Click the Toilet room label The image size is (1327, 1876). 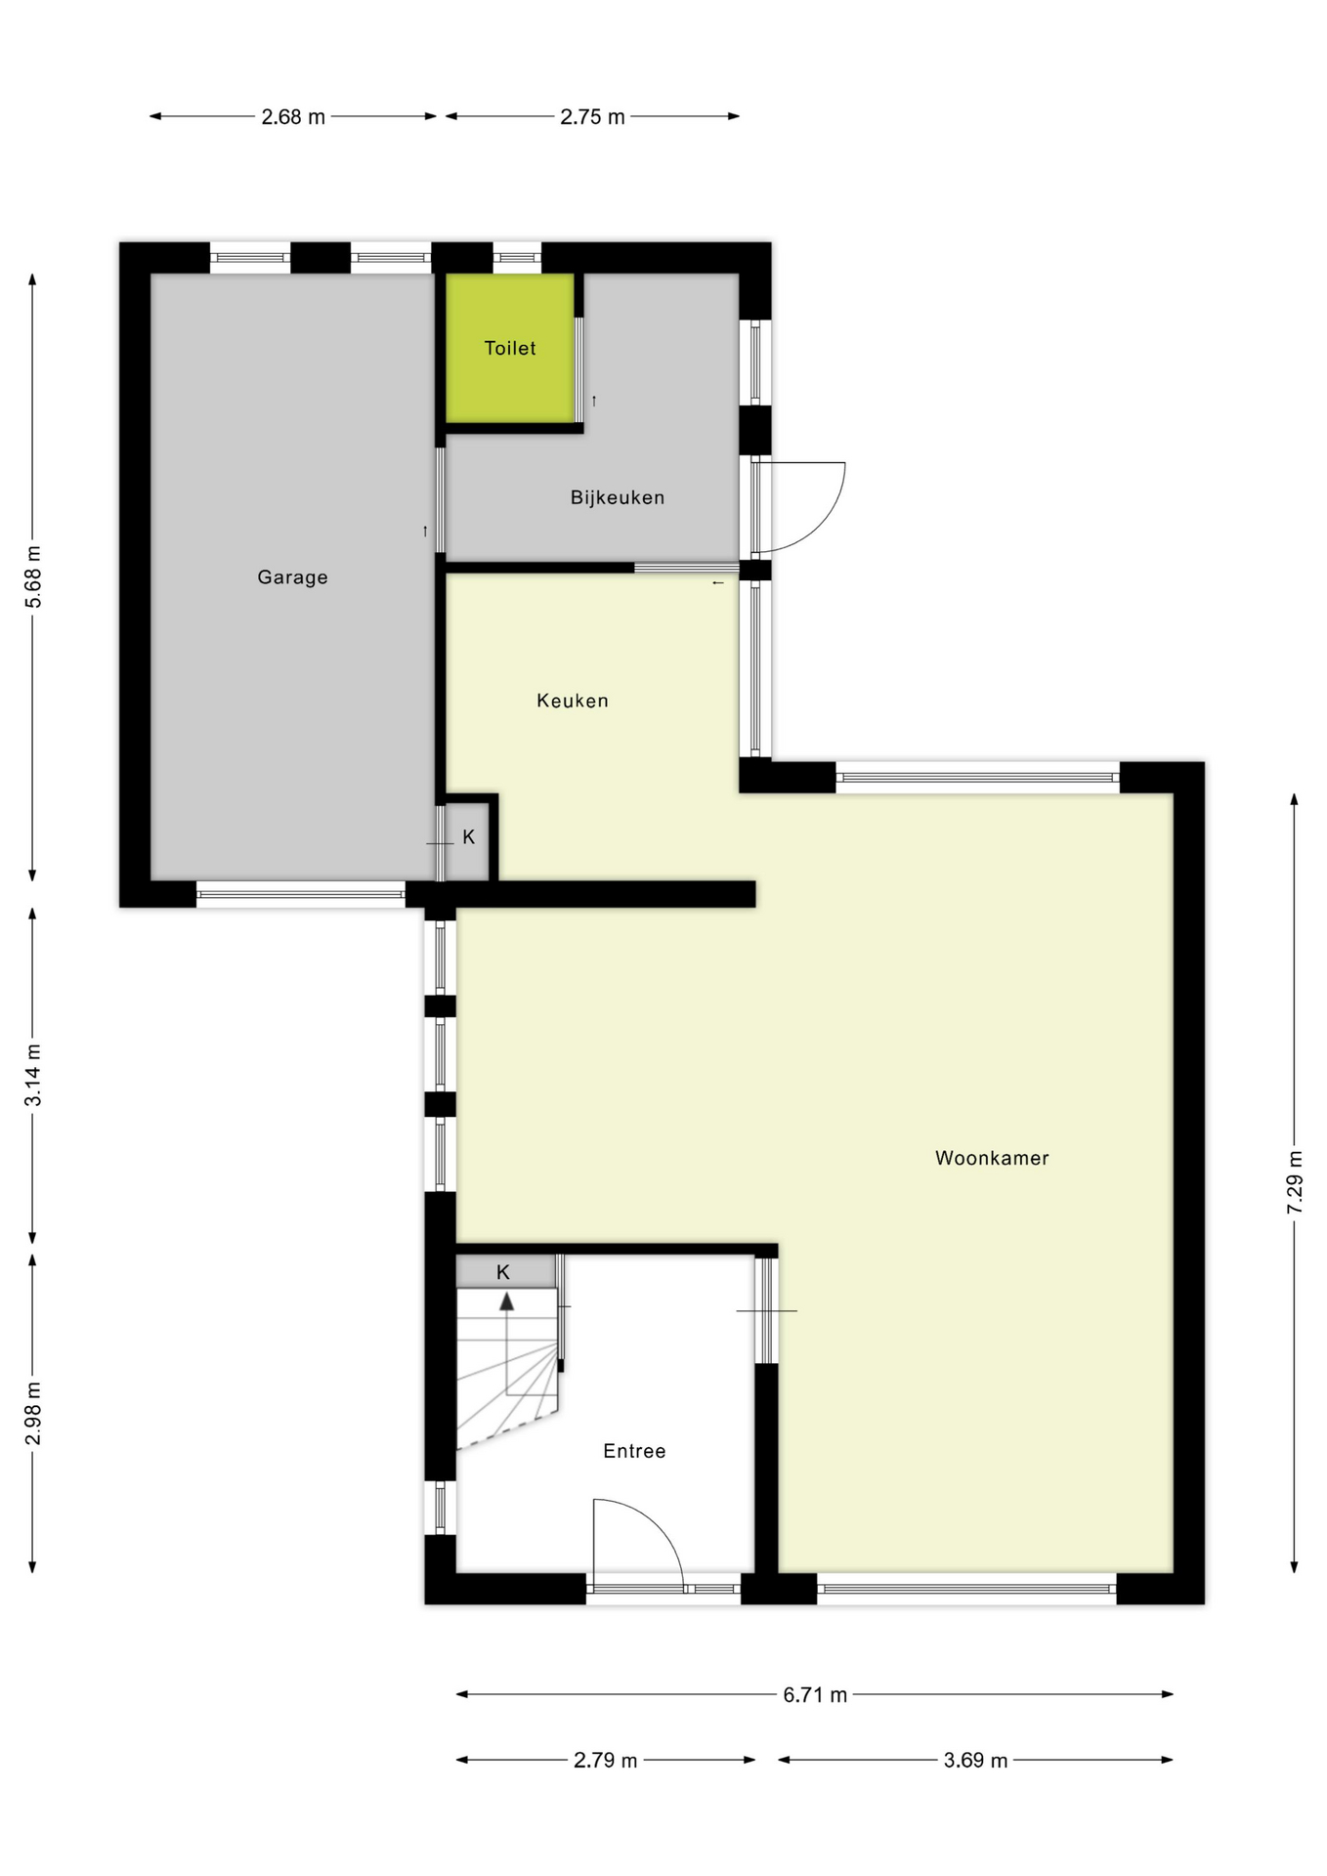[510, 348]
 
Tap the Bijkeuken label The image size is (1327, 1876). [618, 497]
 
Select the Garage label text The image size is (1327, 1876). [292, 577]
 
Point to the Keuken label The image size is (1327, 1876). [573, 701]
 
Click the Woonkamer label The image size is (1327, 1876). [992, 1158]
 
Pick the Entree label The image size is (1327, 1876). [634, 1451]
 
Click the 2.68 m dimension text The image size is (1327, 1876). [293, 117]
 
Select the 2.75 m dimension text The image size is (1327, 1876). [592, 117]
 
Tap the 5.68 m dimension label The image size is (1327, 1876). [34, 576]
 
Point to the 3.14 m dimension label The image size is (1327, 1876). [34, 1075]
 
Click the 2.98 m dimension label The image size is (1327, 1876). [34, 1413]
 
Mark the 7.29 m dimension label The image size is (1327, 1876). [1295, 1182]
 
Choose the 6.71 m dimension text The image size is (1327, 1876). [815, 1695]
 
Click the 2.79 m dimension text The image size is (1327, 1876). [605, 1761]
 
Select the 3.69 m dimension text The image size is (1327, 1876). [975, 1761]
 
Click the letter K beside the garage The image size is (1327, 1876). [469, 837]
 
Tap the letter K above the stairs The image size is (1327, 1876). [503, 1272]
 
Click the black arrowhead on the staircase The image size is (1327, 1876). [507, 1301]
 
